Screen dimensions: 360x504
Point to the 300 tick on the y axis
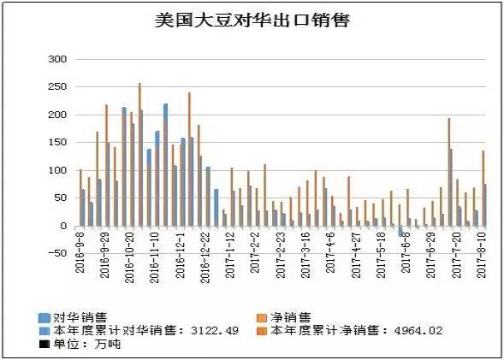pos(56,59)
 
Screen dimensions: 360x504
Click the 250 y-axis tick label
pos(56,87)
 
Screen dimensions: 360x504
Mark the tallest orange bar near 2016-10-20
pos(139,154)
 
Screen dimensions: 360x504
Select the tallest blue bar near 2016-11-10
pos(165,164)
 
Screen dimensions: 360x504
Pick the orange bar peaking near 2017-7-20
pos(448,172)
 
